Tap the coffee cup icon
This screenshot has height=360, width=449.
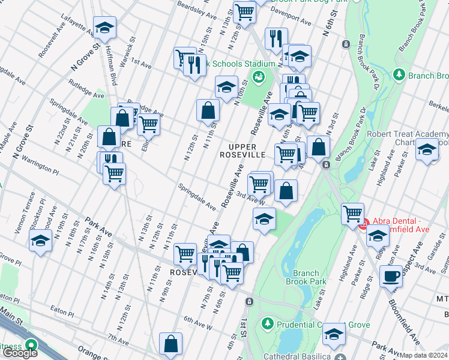coord(391,276)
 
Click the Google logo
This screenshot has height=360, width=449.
coord(20,353)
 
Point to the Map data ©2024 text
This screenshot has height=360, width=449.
coord(424,355)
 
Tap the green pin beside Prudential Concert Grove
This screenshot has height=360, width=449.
coord(267,325)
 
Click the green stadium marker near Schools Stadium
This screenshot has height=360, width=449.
coord(259,76)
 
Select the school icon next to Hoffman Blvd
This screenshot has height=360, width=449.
coord(104,27)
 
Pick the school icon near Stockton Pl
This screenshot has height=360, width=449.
coord(40,241)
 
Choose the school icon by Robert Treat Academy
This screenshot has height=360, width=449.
coord(427,149)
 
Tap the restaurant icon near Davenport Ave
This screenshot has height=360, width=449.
coord(276,38)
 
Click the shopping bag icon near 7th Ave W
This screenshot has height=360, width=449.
coord(171,344)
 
